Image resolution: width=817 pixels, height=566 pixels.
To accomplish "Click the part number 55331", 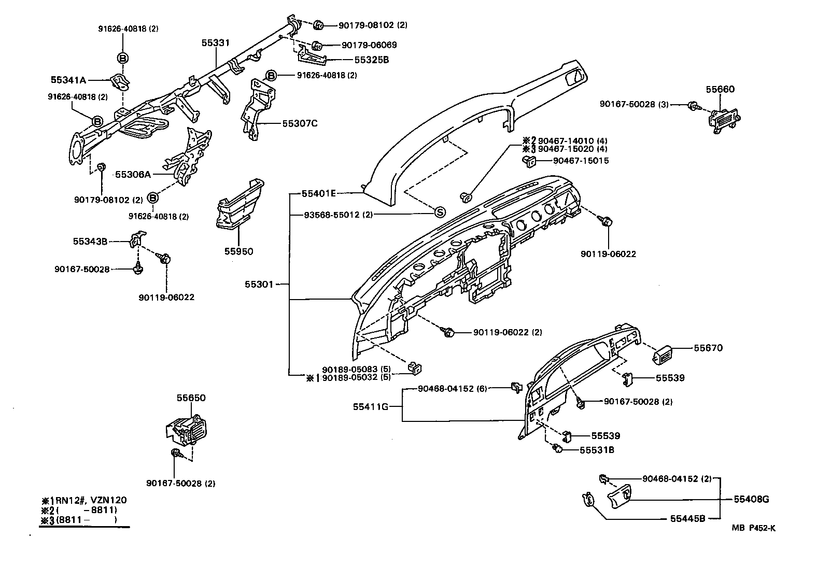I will pos(215,43).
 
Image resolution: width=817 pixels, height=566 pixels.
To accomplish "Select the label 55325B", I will pos(371,60).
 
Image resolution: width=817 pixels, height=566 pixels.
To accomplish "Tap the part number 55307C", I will pos(300,123).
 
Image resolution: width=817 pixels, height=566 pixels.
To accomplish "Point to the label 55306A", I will pos(133,175).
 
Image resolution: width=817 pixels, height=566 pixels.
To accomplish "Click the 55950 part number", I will pos(238,251).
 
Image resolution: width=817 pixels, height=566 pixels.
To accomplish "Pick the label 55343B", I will pos(90,241).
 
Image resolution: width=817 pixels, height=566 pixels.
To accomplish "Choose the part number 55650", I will pos(191,398).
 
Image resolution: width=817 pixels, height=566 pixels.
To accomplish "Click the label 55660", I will pos(720,89).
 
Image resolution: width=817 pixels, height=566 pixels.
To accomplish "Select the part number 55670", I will pos(708,348).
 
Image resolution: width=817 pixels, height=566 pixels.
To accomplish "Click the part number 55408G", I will pos(751,500).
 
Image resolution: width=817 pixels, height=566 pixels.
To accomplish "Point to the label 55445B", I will pos(687,518).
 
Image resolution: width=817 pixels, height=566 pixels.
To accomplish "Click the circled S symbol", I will pos(439,212).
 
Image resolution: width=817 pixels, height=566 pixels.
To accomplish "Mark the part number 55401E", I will pos(319,193).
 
